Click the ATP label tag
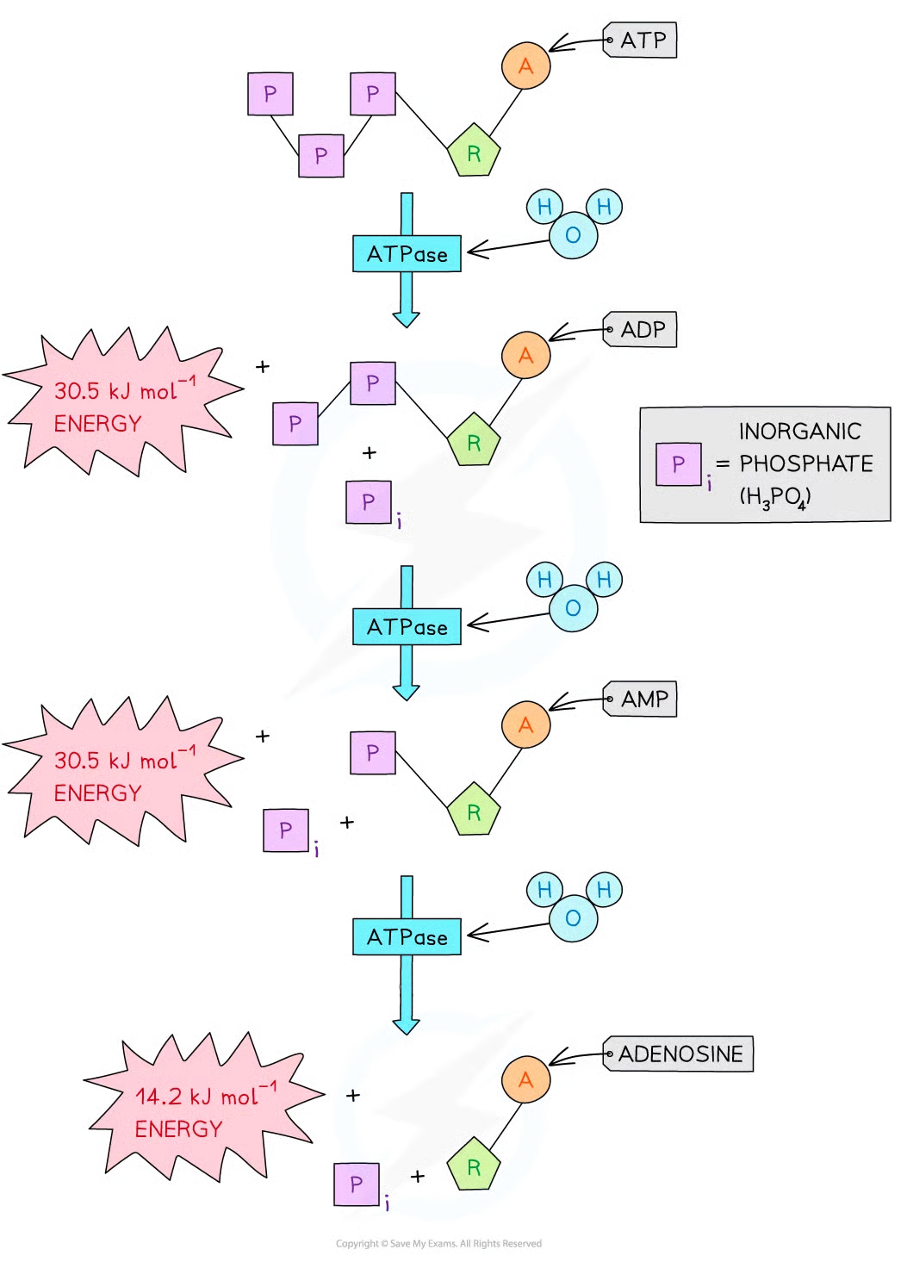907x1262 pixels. [x=643, y=40]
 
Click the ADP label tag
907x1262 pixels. [x=643, y=330]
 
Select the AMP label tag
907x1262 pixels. [x=643, y=699]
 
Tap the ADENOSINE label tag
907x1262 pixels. [x=679, y=1054]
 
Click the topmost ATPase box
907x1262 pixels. [x=407, y=254]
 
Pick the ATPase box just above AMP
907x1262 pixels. [x=407, y=626]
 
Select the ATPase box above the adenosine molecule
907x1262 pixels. [x=407, y=936]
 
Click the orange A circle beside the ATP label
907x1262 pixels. [x=525, y=65]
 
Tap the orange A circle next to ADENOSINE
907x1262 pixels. [x=525, y=1079]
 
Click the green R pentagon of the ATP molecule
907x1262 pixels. [x=473, y=153]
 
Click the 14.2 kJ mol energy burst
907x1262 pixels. [x=202, y=1111]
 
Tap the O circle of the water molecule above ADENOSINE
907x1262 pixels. [x=573, y=918]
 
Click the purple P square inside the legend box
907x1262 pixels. [x=678, y=464]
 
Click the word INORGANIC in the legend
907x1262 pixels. [x=799, y=431]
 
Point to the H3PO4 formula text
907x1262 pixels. [x=774, y=498]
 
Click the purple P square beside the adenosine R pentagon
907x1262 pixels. [x=357, y=1184]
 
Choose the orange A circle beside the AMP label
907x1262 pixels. [x=525, y=725]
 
